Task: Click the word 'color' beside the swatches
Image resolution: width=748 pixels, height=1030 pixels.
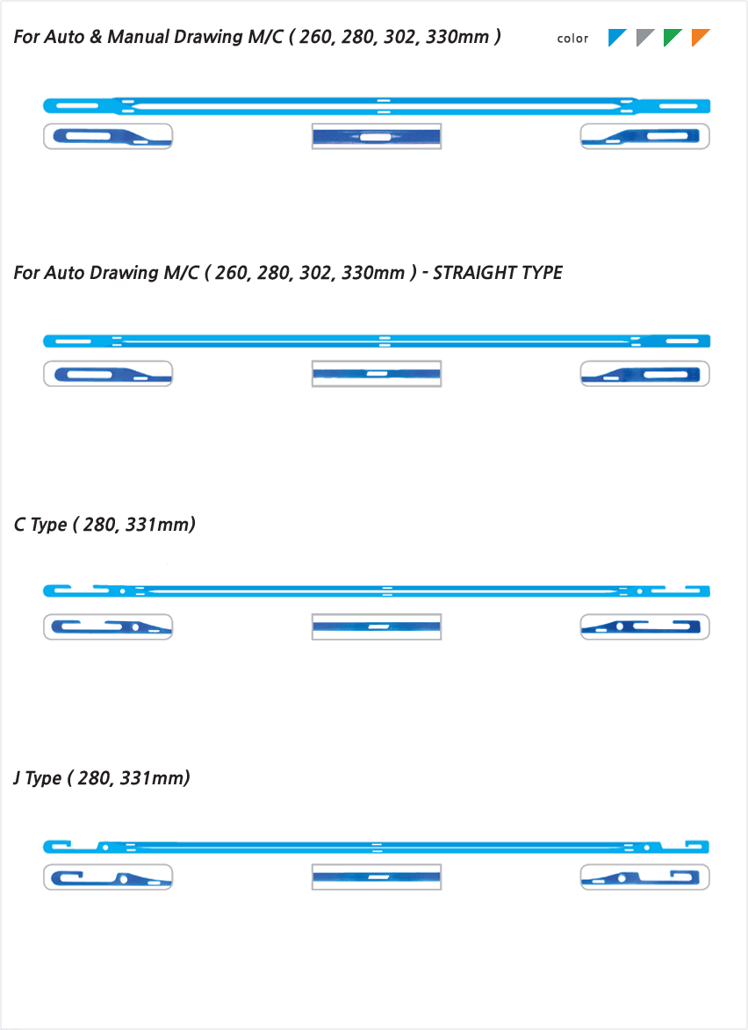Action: click(x=572, y=39)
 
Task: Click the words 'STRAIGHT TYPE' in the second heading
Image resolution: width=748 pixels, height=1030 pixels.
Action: click(x=498, y=273)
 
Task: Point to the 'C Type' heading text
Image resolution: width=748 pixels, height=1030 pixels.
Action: click(x=40, y=525)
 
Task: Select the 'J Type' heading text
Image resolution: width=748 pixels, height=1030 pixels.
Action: click(x=38, y=778)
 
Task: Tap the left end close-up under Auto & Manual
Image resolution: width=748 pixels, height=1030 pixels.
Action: click(x=108, y=137)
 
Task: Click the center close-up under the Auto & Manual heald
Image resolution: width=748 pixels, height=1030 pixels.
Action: click(x=377, y=137)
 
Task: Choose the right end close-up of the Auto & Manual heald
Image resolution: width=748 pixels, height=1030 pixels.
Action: click(x=644, y=137)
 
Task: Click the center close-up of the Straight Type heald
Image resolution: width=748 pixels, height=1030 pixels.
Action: click(x=377, y=374)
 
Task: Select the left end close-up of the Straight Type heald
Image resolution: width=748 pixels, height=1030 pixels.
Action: click(x=108, y=374)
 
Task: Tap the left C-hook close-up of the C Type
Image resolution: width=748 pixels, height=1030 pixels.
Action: click(x=108, y=626)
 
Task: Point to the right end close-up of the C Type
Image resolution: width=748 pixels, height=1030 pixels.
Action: click(x=644, y=626)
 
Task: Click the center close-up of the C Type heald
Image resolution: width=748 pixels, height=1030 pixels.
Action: click(x=377, y=626)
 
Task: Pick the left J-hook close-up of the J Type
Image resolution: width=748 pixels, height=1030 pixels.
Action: click(x=108, y=877)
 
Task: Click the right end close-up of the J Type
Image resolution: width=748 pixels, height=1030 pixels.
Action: click(x=644, y=877)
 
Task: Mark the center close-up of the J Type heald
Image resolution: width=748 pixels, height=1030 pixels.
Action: click(x=377, y=877)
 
